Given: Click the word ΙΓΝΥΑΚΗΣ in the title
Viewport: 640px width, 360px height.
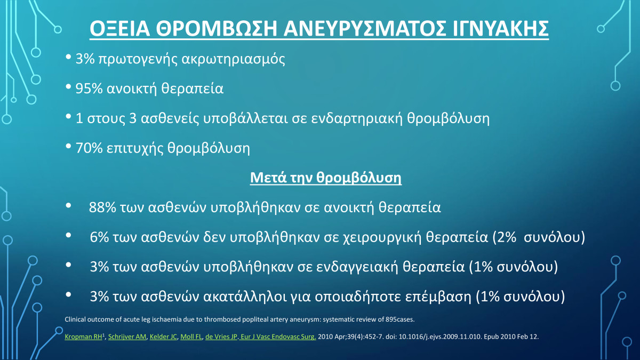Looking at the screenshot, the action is [x=501, y=29].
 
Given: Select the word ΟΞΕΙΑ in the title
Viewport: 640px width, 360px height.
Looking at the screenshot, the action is [x=119, y=29].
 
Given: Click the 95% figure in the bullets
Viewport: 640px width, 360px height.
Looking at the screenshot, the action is [x=89, y=89].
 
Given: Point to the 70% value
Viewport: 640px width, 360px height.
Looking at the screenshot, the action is [x=89, y=148].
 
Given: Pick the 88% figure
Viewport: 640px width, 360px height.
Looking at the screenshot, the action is [x=102, y=207].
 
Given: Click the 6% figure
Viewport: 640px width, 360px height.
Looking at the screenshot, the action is [x=99, y=237].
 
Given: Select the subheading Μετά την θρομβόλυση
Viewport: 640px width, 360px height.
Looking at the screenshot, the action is [x=326, y=178].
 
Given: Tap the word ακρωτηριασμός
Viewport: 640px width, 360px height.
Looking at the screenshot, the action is [x=233, y=59].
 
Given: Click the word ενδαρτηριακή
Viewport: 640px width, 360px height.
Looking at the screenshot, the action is [x=357, y=118].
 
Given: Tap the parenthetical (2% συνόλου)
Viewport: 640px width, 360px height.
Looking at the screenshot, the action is [x=539, y=237].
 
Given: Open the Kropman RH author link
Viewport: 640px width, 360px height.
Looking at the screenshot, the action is [x=83, y=337].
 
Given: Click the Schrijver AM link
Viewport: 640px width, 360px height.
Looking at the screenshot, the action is [x=127, y=337].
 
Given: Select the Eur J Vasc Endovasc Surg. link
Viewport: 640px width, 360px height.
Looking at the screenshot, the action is [x=278, y=337].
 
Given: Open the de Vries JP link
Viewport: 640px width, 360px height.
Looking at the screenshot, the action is [x=221, y=337].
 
